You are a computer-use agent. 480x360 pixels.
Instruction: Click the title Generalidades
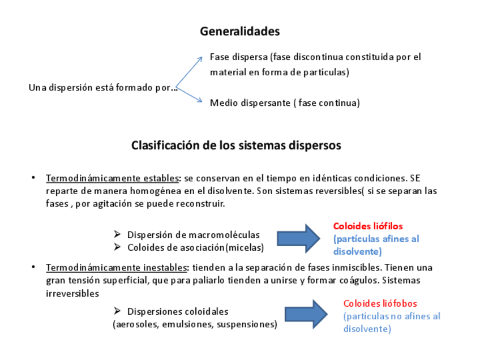pos(239,32)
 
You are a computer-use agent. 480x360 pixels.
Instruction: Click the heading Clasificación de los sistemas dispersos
pos(236,145)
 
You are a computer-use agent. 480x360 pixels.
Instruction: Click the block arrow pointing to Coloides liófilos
pos(298,238)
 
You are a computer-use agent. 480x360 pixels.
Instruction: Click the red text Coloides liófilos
pos(368,226)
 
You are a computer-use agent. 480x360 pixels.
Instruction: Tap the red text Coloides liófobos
pos(380,303)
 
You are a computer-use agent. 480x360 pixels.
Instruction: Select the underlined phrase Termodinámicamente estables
pos(112,178)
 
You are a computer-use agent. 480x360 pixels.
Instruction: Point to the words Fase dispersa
pos(238,57)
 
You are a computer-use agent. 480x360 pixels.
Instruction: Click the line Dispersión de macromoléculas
pos(193,234)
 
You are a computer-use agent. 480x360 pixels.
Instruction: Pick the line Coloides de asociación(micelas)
pos(195,247)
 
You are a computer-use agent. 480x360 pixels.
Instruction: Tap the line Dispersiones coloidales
pos(177,311)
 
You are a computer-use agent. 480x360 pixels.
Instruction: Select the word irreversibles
pos(72,293)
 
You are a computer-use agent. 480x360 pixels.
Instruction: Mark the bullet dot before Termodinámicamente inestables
pos(33,267)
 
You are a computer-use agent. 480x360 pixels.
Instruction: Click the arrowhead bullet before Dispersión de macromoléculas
pos(117,234)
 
